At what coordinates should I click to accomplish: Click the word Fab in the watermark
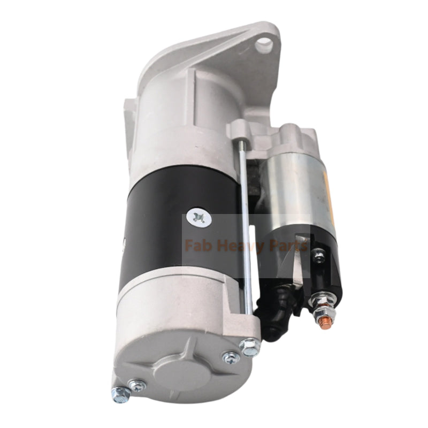[x=197, y=246]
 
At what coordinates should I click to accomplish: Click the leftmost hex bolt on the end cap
[x=120, y=395]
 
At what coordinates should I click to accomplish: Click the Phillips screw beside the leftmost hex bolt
[x=138, y=384]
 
